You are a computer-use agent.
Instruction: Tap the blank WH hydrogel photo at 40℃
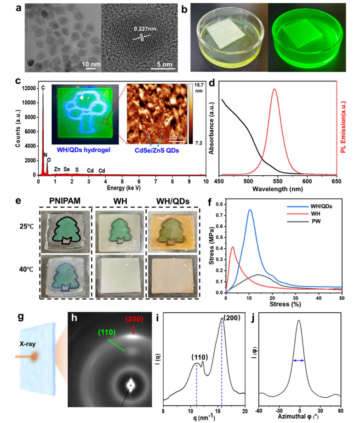point(118,276)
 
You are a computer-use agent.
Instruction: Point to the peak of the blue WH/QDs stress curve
point(250,210)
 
